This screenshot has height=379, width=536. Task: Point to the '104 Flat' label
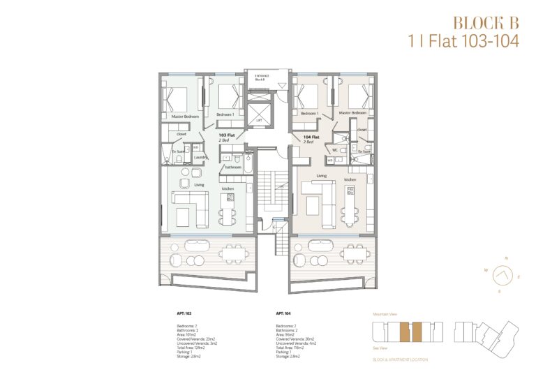click(311, 138)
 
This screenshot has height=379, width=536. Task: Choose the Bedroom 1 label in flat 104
click(308, 113)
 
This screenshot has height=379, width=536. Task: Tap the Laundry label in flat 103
click(202, 158)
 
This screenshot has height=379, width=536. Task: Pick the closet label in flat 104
click(362, 129)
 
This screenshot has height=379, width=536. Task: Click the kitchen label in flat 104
click(350, 179)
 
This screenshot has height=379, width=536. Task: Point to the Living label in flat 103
click(199, 185)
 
